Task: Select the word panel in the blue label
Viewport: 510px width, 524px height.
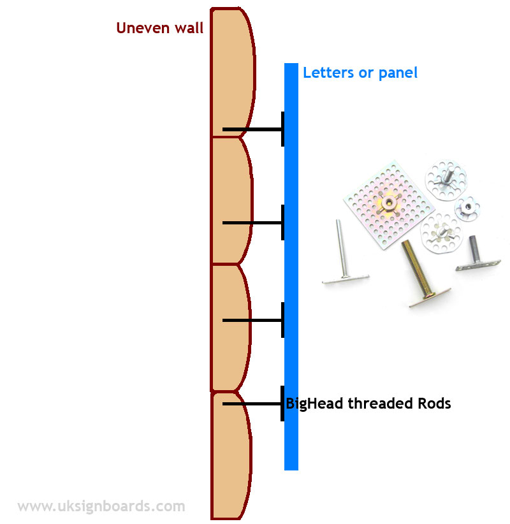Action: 398,73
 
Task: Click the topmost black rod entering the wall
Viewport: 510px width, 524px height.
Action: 252,130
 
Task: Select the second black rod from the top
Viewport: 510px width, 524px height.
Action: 252,222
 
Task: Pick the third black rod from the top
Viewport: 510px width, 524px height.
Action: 252,320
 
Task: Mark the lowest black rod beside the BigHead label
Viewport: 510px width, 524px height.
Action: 252,404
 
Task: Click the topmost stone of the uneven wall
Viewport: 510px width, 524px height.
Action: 232,70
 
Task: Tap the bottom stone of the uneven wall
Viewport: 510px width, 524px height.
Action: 230,456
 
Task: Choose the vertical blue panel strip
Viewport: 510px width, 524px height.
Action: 291,268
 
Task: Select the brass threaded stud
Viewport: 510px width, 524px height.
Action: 418,268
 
